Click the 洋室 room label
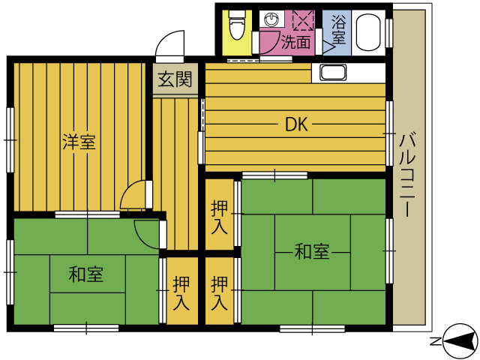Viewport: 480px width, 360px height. [79, 141]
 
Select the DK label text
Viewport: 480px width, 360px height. [296, 125]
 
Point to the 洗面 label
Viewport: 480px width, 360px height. [295, 43]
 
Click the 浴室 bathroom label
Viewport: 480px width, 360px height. [338, 28]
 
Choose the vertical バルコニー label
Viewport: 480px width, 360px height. [407, 175]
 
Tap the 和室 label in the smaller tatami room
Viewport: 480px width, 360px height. [86, 274]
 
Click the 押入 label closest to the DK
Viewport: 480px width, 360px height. [220, 217]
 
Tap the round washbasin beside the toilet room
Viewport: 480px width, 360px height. [271, 19]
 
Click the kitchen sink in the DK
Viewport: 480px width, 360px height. [333, 73]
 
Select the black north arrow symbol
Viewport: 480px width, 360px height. [458, 340]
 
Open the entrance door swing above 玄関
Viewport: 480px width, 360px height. [171, 45]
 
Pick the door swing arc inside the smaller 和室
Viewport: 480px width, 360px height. [148, 232]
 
